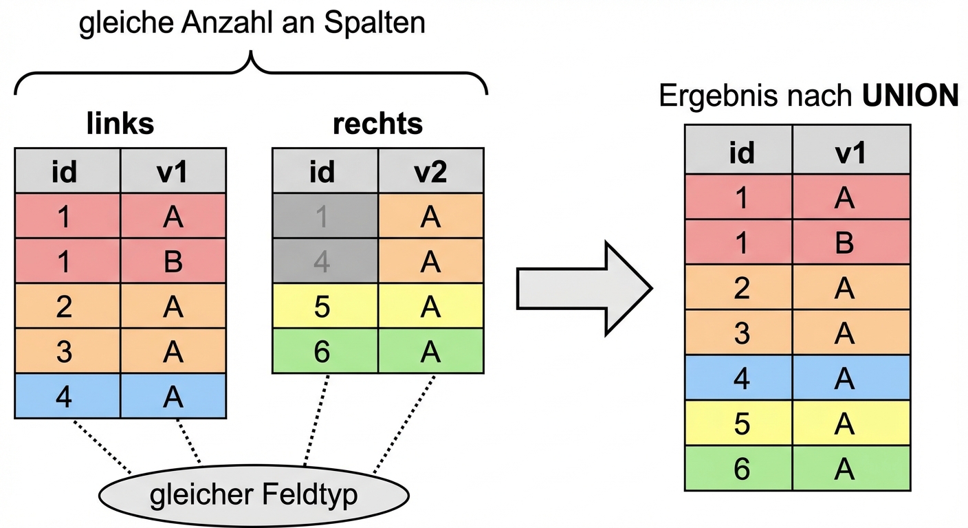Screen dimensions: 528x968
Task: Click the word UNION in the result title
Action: point(911,97)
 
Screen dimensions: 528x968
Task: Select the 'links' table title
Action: point(120,124)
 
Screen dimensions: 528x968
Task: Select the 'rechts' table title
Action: point(377,124)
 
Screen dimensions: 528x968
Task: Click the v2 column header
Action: point(430,172)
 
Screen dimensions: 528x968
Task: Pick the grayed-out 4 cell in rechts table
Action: point(324,261)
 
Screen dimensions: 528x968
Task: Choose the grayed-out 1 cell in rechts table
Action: point(324,217)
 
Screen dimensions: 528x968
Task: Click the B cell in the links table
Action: point(173,261)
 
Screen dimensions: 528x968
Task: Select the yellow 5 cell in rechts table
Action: point(324,307)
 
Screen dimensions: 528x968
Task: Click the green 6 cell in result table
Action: point(739,468)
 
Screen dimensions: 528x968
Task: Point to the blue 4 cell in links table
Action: point(67,396)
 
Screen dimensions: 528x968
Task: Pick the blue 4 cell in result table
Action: point(739,378)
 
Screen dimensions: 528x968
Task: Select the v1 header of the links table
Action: point(173,172)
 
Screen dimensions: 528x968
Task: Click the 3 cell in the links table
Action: point(67,351)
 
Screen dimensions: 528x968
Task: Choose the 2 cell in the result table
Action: point(739,288)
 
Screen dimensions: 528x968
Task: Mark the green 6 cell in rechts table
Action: point(324,351)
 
